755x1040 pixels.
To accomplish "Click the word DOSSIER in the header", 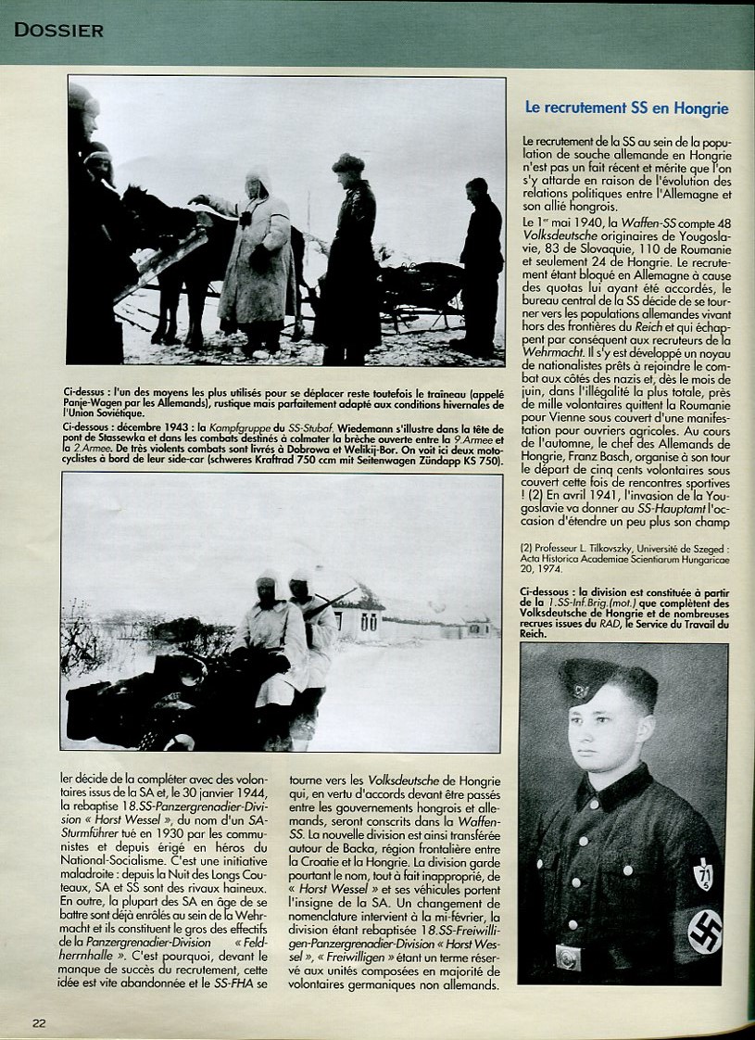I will point(58,30).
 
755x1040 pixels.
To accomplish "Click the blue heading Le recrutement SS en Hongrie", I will point(626,108).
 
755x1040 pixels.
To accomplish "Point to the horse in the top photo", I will point(171,250).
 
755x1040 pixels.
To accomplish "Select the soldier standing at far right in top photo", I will point(482,264).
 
